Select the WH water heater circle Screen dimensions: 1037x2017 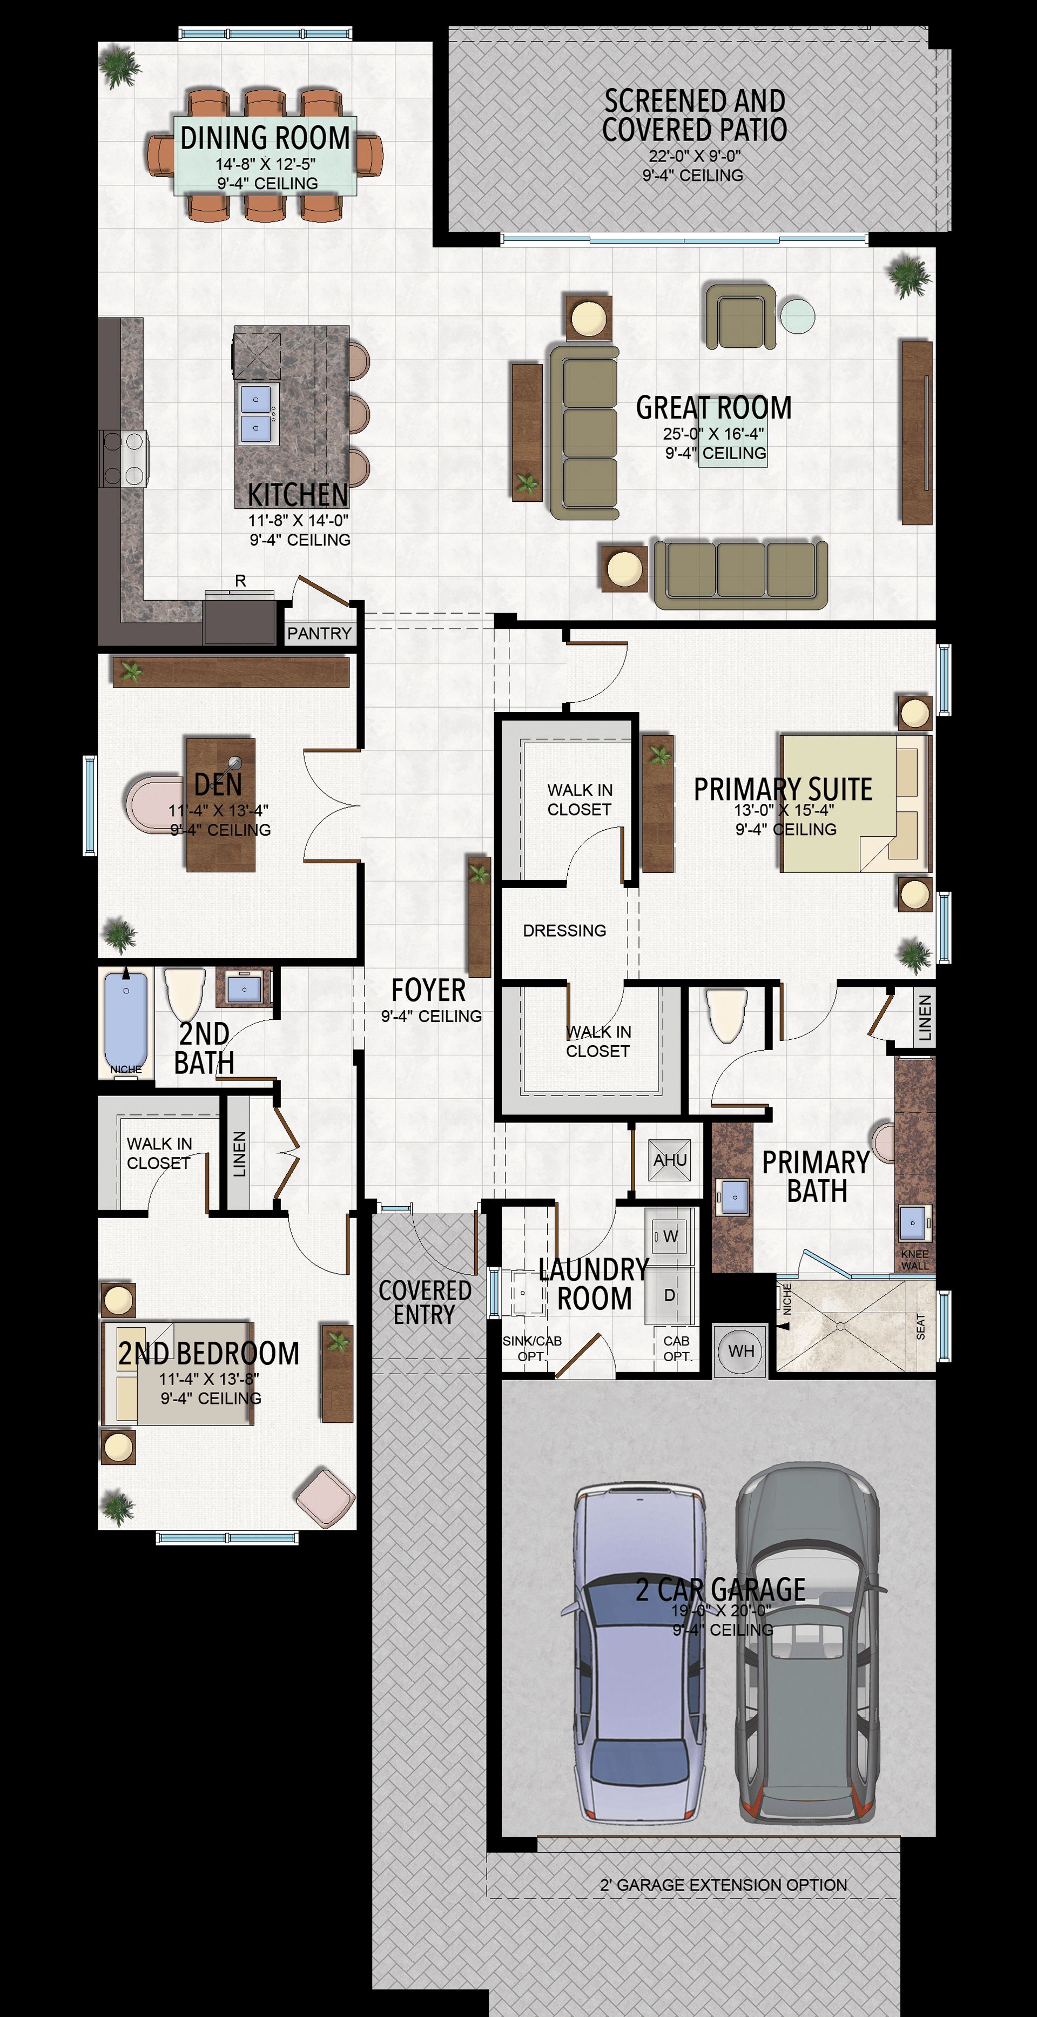click(741, 1350)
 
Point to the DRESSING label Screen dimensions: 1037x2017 click(564, 930)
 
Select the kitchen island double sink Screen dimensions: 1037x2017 click(258, 413)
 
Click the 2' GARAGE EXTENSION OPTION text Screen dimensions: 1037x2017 click(723, 1885)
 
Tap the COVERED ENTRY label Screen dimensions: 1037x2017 click(425, 1303)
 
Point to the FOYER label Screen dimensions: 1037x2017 click(428, 991)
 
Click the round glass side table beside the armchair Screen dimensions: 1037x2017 click(798, 317)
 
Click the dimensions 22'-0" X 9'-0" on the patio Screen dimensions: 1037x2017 click(694, 156)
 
